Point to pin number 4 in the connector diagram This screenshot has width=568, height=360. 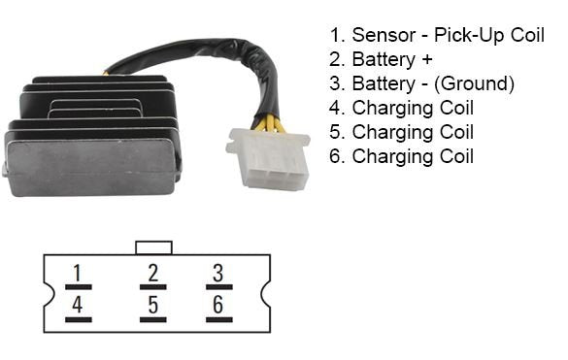[78, 307]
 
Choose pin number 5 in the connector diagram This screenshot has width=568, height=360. [152, 307]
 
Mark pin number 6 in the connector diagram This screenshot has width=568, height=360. [218, 307]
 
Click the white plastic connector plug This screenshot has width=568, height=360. [267, 159]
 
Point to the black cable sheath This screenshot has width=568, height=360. [194, 58]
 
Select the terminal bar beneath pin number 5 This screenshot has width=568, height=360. [152, 319]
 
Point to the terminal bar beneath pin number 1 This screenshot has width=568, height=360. [78, 286]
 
